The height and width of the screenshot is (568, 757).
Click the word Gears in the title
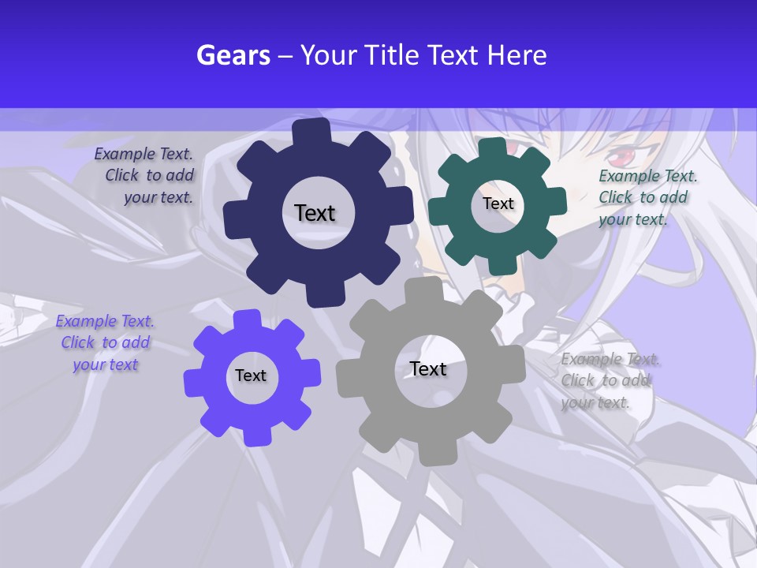click(233, 55)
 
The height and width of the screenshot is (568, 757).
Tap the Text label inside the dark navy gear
click(315, 213)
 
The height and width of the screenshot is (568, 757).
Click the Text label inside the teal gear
click(498, 204)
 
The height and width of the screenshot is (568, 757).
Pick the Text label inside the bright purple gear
click(251, 376)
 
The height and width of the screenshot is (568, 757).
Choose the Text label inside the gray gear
click(428, 368)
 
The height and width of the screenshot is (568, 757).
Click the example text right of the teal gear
click(647, 197)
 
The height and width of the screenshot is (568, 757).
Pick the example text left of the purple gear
click(104, 343)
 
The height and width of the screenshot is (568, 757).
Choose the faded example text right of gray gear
click(609, 381)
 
